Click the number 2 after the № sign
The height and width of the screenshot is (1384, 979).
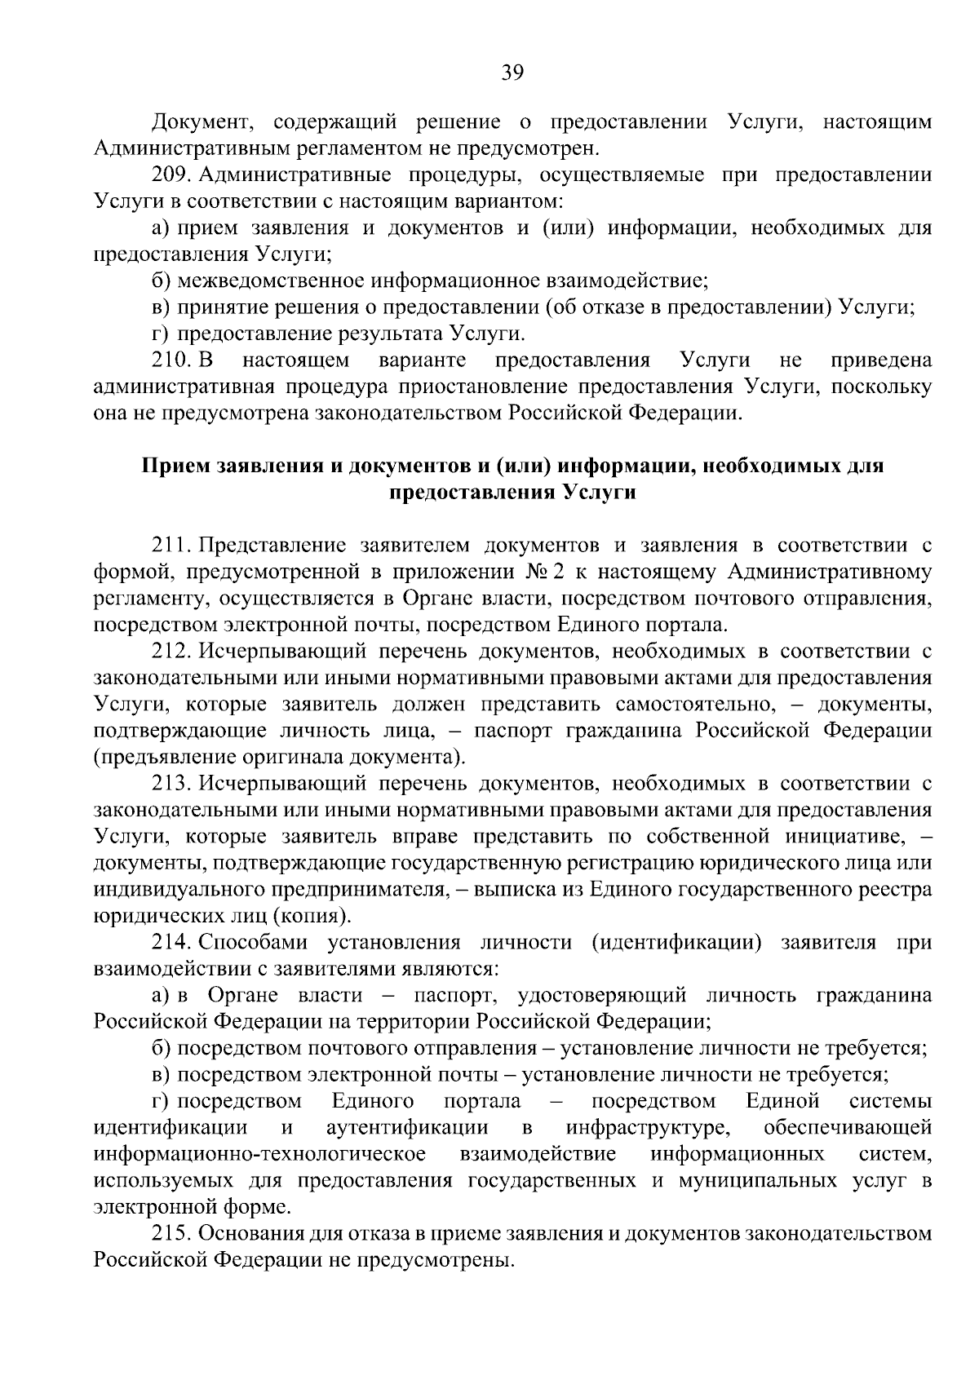(559, 572)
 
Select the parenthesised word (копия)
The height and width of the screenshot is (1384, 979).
(312, 916)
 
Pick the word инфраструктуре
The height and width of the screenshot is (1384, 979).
(647, 1128)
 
